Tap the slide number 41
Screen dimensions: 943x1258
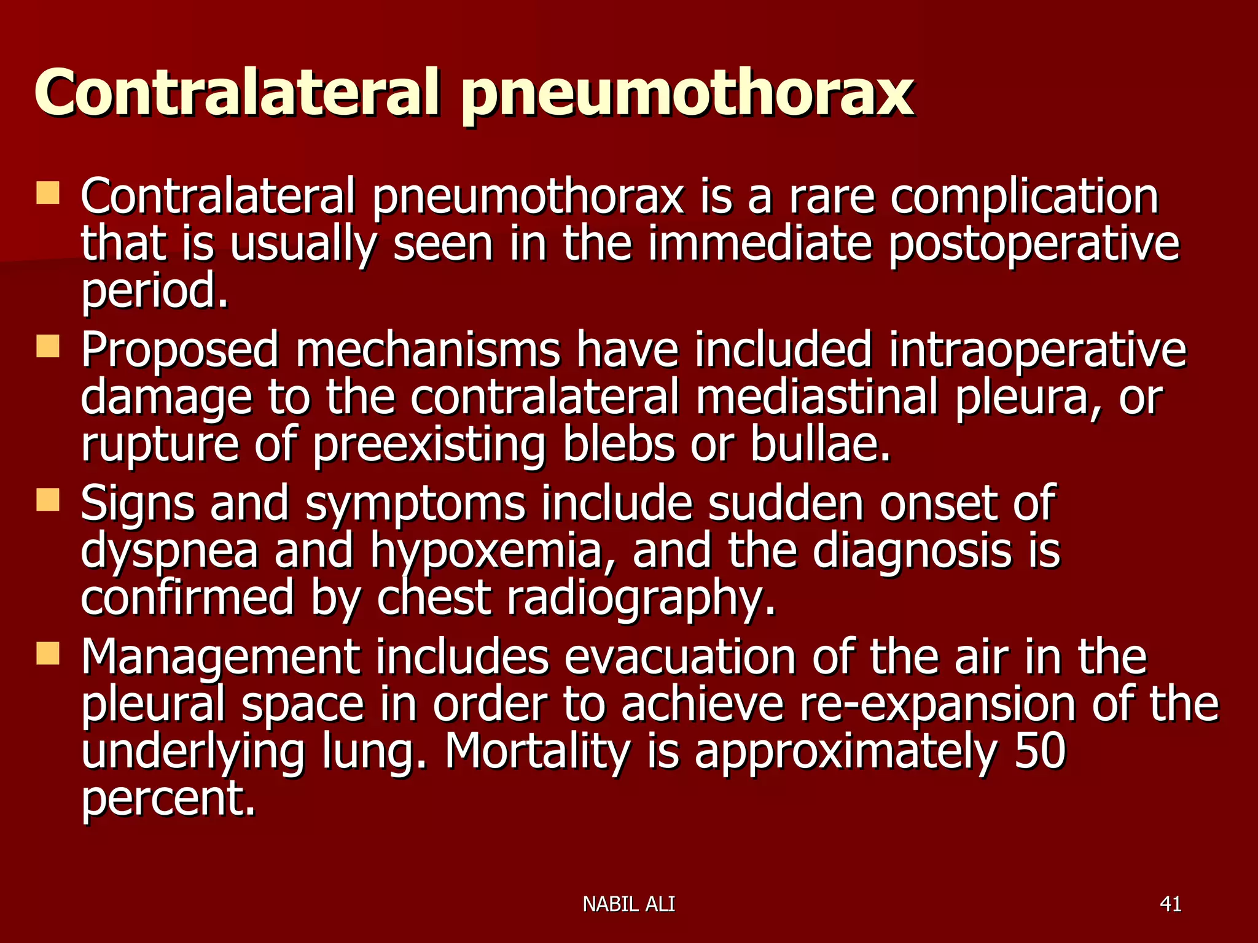(1170, 904)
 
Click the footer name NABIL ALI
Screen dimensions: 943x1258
(628, 904)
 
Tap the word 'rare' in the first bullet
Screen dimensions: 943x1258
(831, 196)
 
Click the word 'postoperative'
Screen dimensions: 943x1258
(1034, 244)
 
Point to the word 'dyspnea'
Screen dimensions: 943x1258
(170, 551)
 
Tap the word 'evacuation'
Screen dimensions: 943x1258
(680, 658)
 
